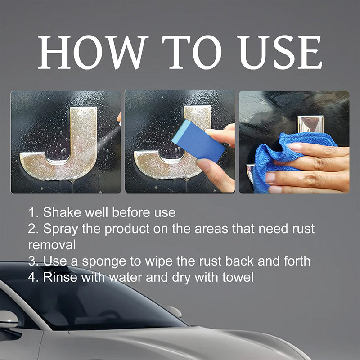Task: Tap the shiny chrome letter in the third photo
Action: [310, 124]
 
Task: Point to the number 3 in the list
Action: [32, 261]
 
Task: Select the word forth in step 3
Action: [295, 261]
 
